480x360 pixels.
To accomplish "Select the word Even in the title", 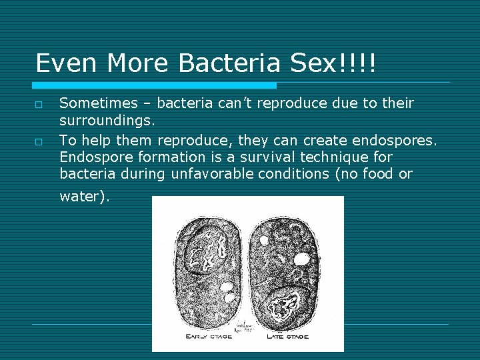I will [62, 63].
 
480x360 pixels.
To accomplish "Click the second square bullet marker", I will [39, 142].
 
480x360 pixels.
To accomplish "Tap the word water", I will [84, 197].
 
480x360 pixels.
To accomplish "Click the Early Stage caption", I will [208, 336].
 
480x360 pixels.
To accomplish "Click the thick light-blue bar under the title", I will [155, 85].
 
